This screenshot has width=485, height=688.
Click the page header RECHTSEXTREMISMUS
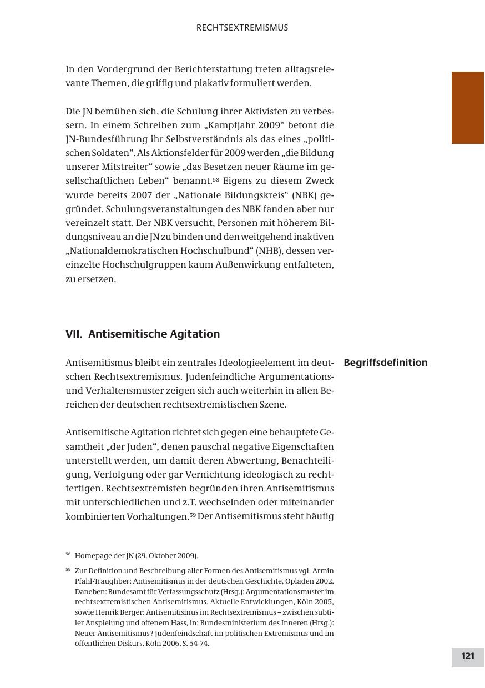coord(242,28)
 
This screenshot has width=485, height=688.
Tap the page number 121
coord(467,656)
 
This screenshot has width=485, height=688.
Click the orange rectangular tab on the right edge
coord(467,108)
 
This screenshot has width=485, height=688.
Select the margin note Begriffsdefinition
coord(386,363)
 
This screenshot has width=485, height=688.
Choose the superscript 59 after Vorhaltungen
coord(193,514)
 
